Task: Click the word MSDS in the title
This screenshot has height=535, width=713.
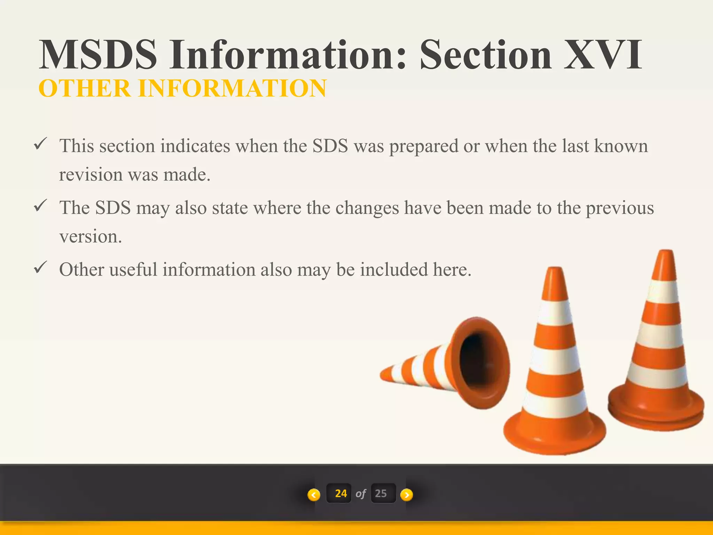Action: [98, 55]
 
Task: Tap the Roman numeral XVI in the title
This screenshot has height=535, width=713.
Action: [603, 55]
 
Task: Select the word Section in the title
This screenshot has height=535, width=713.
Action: [486, 55]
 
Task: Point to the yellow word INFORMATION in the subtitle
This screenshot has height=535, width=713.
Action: [232, 88]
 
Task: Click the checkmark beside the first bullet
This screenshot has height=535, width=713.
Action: [40, 144]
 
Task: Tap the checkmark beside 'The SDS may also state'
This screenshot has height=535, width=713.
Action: [40, 206]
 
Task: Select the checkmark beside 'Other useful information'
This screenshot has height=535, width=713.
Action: [40, 267]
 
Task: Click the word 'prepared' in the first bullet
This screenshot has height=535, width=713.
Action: [423, 146]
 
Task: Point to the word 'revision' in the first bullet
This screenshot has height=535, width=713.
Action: [91, 175]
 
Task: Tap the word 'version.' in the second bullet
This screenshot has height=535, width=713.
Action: [91, 237]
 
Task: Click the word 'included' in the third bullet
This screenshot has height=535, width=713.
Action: [393, 270]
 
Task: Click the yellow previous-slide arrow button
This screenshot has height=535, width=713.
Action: [314, 495]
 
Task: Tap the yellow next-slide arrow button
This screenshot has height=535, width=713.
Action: [407, 495]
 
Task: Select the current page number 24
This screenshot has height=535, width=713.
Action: [340, 494]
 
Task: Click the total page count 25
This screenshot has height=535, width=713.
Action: [381, 494]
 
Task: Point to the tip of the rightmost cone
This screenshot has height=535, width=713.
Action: [666, 252]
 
